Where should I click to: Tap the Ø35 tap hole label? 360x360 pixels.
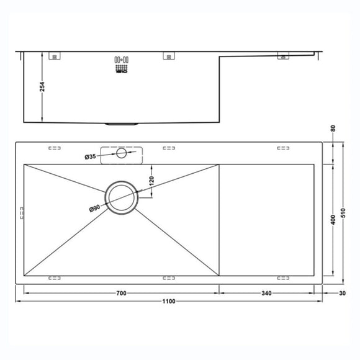[x=91, y=157]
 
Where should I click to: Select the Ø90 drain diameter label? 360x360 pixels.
[x=95, y=209]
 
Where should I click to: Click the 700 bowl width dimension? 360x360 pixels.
[x=120, y=292]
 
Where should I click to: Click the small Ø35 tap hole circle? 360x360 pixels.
[x=121, y=153]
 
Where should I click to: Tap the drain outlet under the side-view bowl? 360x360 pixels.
[x=120, y=124]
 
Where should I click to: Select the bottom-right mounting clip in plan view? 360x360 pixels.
[x=283, y=277]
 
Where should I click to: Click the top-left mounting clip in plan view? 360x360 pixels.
[x=55, y=148]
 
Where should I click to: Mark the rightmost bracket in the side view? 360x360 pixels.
[x=283, y=56]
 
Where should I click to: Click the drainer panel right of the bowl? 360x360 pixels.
[x=268, y=220]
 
